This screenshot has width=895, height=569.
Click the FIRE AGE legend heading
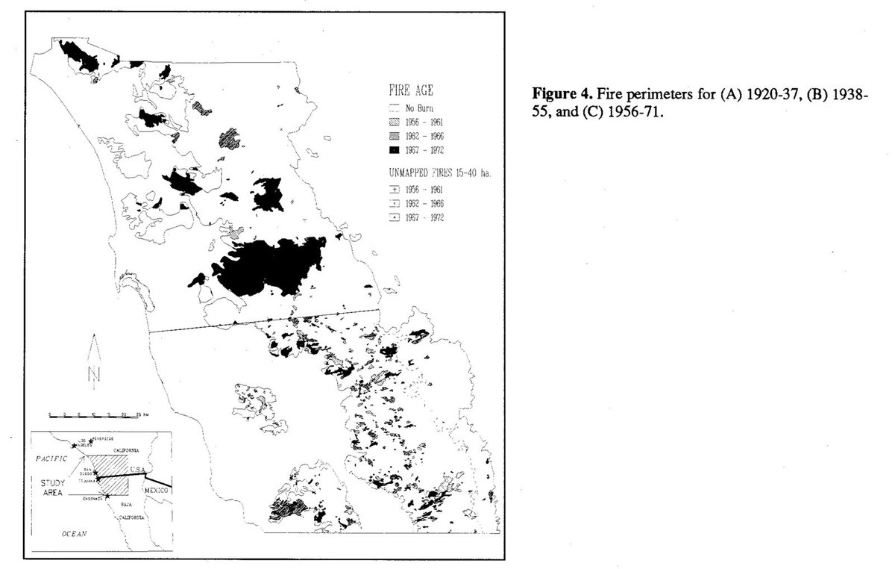403,93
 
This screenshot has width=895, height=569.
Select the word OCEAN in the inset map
72,534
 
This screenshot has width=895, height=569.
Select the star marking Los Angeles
73,445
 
